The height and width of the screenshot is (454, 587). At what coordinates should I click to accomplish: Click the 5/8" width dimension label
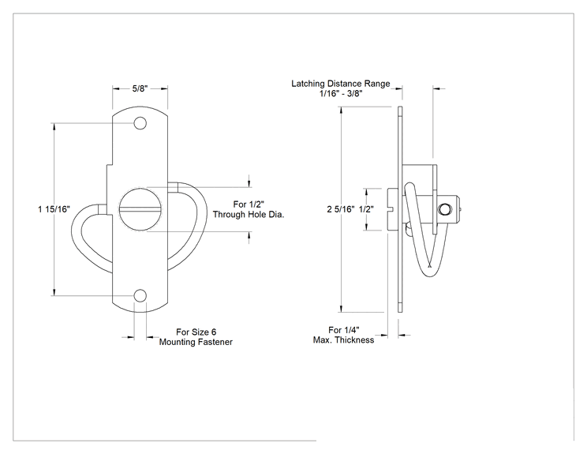point(140,88)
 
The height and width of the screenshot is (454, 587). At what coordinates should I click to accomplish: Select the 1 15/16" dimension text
point(54,209)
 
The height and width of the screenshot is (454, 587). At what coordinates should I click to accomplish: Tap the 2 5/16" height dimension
point(340,209)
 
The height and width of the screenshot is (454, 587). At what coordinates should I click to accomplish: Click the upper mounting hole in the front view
point(140,123)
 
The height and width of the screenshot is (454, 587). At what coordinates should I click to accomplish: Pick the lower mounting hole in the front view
point(140,295)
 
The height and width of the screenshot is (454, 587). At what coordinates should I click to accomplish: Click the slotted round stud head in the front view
point(140,209)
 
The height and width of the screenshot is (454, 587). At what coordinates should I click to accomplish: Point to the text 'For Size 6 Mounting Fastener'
point(196,337)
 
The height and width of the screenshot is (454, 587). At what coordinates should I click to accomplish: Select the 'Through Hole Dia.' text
point(249,214)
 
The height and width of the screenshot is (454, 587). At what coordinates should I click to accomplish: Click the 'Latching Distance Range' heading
point(341,84)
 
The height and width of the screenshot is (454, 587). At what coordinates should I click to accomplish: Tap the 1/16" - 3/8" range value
point(341,93)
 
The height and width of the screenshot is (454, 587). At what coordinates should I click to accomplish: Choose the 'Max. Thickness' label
point(344,340)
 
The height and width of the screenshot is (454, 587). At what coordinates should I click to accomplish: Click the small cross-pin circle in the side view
point(444,209)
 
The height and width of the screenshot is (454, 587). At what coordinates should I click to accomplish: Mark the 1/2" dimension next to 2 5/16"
point(366,209)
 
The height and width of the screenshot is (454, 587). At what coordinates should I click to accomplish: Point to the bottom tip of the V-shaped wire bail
point(429,276)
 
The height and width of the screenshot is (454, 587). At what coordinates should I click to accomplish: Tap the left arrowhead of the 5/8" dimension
point(116,88)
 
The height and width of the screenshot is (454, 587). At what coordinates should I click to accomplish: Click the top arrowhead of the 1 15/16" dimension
point(54,126)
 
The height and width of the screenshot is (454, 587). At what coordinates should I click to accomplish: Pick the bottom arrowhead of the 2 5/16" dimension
point(341,308)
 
